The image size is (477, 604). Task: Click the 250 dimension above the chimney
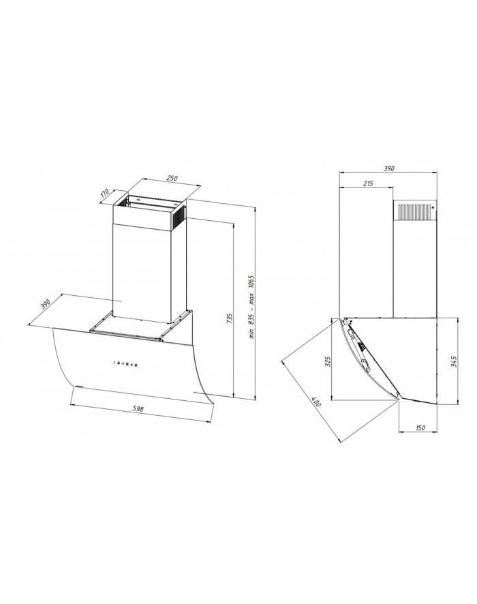point(171,178)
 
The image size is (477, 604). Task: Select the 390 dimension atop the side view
point(389,168)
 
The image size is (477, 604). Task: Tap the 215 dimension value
point(369,184)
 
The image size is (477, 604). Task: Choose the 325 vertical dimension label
point(327,361)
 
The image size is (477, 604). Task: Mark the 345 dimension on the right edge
point(454,363)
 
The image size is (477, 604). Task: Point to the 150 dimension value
point(420,427)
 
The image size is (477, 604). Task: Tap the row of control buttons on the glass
point(124,363)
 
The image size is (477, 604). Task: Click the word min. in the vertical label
point(251,333)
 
